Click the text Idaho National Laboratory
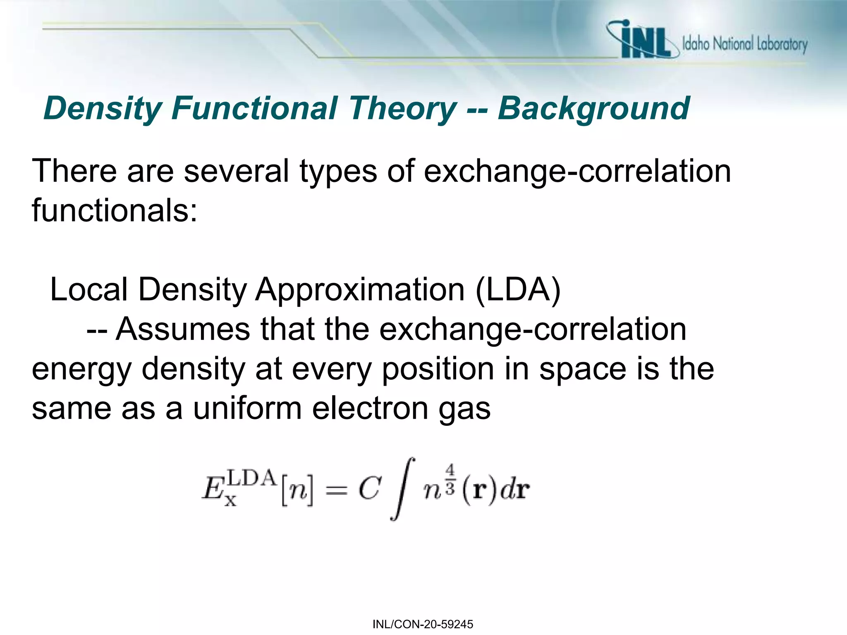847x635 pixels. click(744, 44)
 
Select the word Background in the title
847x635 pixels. click(593, 108)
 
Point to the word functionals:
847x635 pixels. click(115, 210)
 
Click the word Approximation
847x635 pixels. click(360, 289)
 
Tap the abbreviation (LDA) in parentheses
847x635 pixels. click(518, 289)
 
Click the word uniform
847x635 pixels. click(247, 408)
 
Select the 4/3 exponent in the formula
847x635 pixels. click(450, 479)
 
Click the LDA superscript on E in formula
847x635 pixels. click(252, 478)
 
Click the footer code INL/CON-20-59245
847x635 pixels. click(423, 624)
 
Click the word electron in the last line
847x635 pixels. click(370, 408)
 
